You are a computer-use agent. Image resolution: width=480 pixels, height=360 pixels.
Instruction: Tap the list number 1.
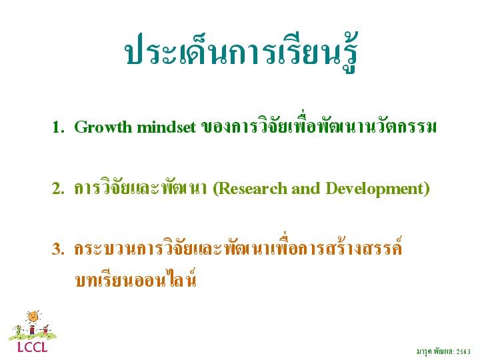[x=58, y=127]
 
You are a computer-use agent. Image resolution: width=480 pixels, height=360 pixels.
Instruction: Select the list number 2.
[x=58, y=189]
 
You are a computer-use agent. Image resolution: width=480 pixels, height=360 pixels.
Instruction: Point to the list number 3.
[x=58, y=249]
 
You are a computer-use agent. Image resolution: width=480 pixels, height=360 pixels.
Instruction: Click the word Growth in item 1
[x=103, y=127]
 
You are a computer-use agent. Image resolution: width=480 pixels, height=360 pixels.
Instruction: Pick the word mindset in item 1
[x=166, y=127]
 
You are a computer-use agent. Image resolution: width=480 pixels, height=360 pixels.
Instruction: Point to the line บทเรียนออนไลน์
[x=135, y=279]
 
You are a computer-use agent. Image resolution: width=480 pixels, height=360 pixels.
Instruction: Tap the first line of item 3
[x=238, y=247]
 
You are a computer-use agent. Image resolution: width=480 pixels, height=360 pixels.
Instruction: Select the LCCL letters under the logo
[x=33, y=347]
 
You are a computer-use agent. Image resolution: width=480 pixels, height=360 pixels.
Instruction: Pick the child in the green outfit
[x=19, y=330]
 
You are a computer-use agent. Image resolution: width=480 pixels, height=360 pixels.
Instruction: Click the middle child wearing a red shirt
[x=32, y=330]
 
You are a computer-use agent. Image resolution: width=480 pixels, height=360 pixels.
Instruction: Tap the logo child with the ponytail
[x=45, y=330]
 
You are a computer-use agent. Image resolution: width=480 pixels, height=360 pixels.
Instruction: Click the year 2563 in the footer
[x=463, y=352]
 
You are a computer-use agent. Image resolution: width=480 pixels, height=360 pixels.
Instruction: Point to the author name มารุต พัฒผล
[x=435, y=352]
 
